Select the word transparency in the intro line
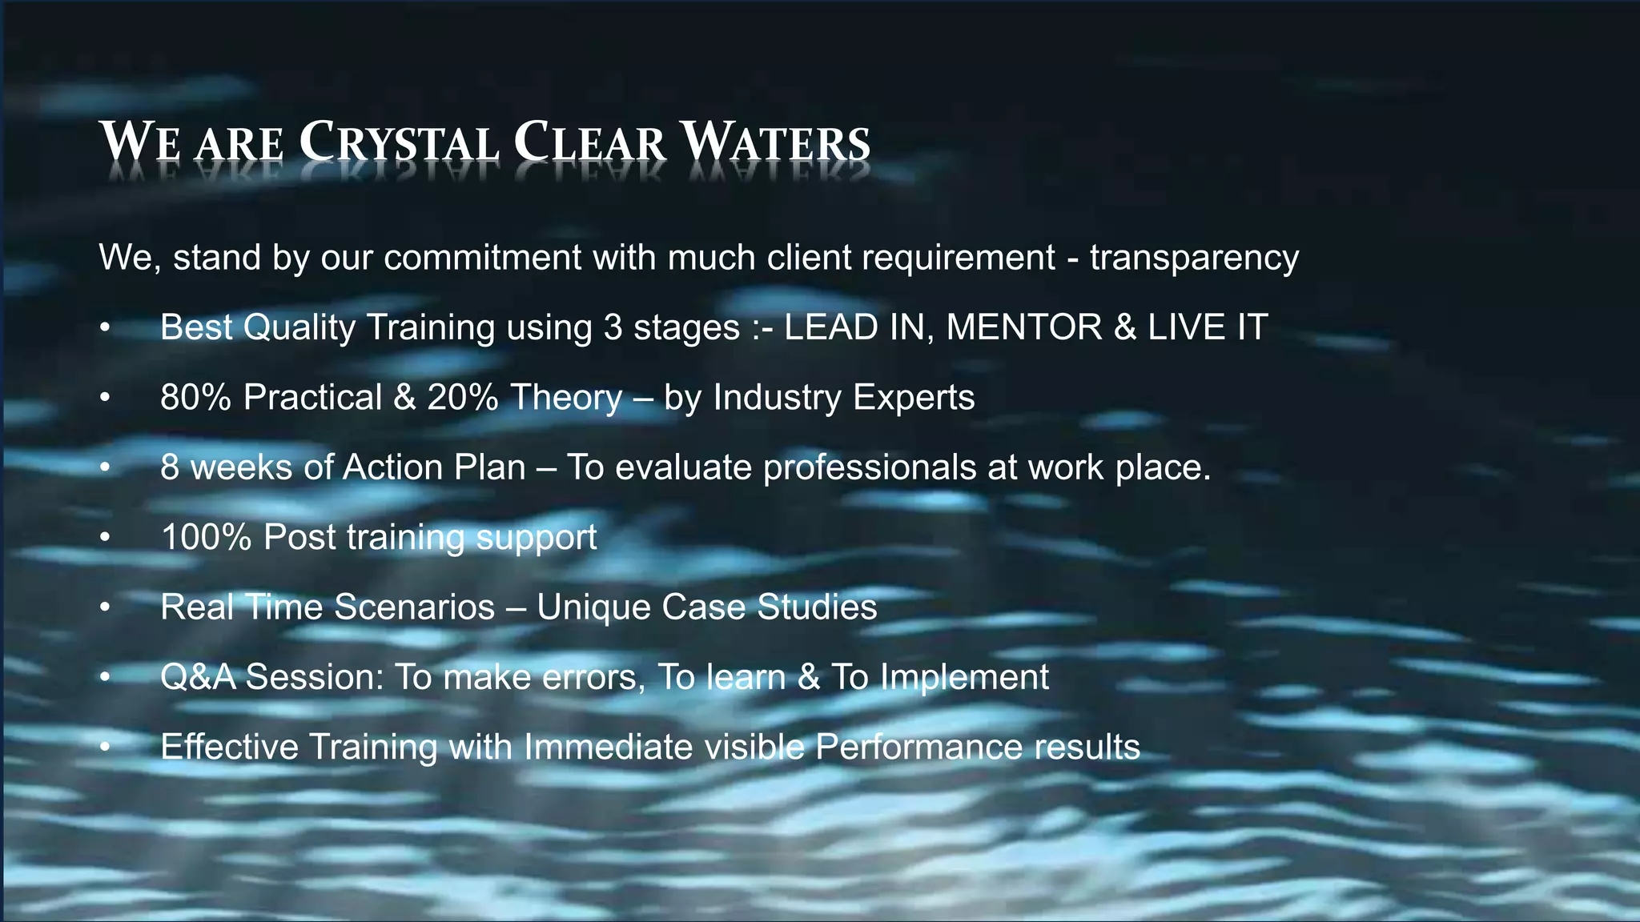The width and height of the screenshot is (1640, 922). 1194,258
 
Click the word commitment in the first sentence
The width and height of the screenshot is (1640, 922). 483,258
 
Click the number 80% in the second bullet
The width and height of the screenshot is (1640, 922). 196,398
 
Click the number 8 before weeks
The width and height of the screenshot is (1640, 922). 169,467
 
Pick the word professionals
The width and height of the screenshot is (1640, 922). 870,467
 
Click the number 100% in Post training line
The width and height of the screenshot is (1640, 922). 207,537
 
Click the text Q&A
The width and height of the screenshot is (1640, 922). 198,677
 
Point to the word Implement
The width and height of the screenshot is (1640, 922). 964,677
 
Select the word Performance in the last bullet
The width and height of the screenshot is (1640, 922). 918,748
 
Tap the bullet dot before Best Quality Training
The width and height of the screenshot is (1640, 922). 104,328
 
